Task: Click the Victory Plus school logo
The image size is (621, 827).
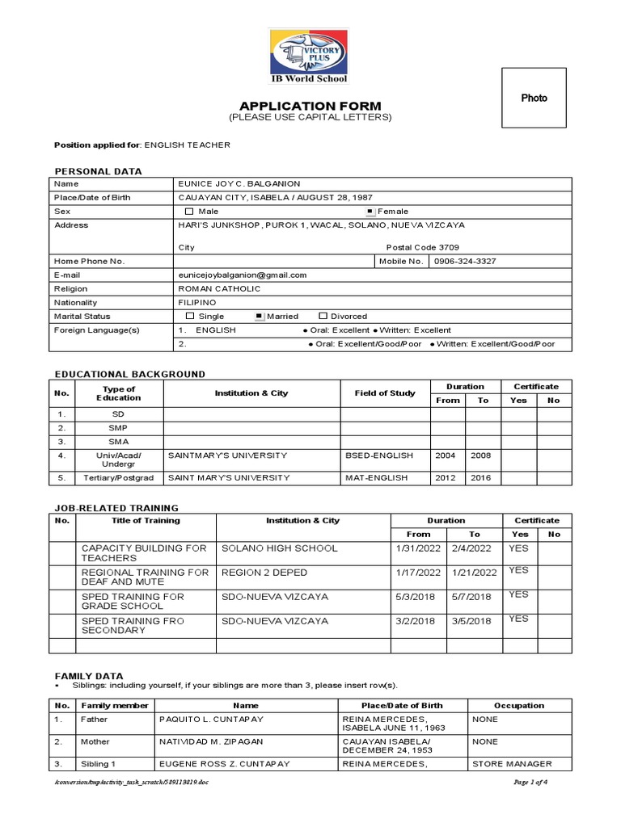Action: coord(309,51)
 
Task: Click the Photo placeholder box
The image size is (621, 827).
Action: coord(534,98)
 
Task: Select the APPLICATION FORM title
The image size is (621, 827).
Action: coord(310,106)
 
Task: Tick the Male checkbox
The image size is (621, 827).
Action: coord(190,212)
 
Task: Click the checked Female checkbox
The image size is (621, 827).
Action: coord(370,212)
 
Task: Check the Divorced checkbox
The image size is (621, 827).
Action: coord(323,317)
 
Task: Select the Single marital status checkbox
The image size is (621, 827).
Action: coord(190,317)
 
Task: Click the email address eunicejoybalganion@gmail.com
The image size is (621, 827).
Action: coord(243,275)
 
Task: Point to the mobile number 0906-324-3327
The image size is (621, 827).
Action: coord(465,261)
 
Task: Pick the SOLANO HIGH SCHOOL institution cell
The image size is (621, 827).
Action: coord(268,548)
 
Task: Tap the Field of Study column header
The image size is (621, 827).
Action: coord(385,393)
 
